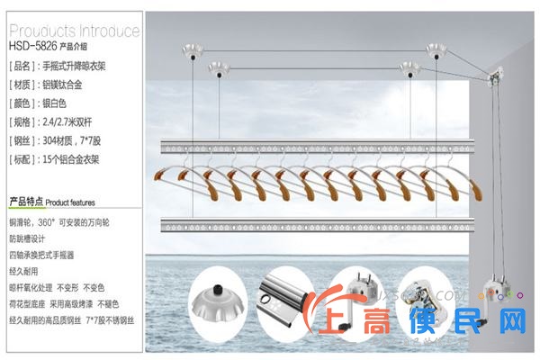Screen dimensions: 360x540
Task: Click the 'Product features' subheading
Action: coord(51,202)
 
